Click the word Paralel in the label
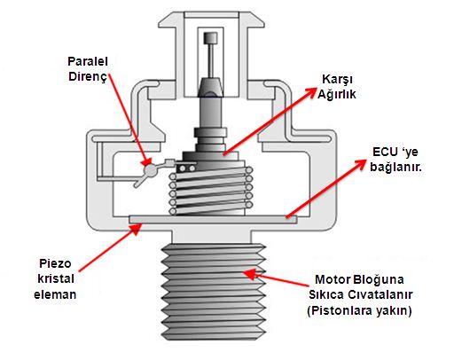(88, 61)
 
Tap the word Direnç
(88, 76)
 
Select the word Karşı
(337, 80)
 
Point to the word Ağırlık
(337, 95)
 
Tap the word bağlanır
(395, 168)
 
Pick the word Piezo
(55, 264)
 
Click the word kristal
(56, 278)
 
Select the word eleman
(55, 294)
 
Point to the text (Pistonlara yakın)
(359, 311)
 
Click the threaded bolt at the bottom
(214, 292)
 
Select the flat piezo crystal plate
(213, 219)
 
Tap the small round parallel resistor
(151, 169)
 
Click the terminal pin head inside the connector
(210, 38)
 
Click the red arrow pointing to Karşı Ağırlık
(270, 121)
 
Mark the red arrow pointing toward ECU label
(325, 189)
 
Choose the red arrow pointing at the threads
(276, 278)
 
